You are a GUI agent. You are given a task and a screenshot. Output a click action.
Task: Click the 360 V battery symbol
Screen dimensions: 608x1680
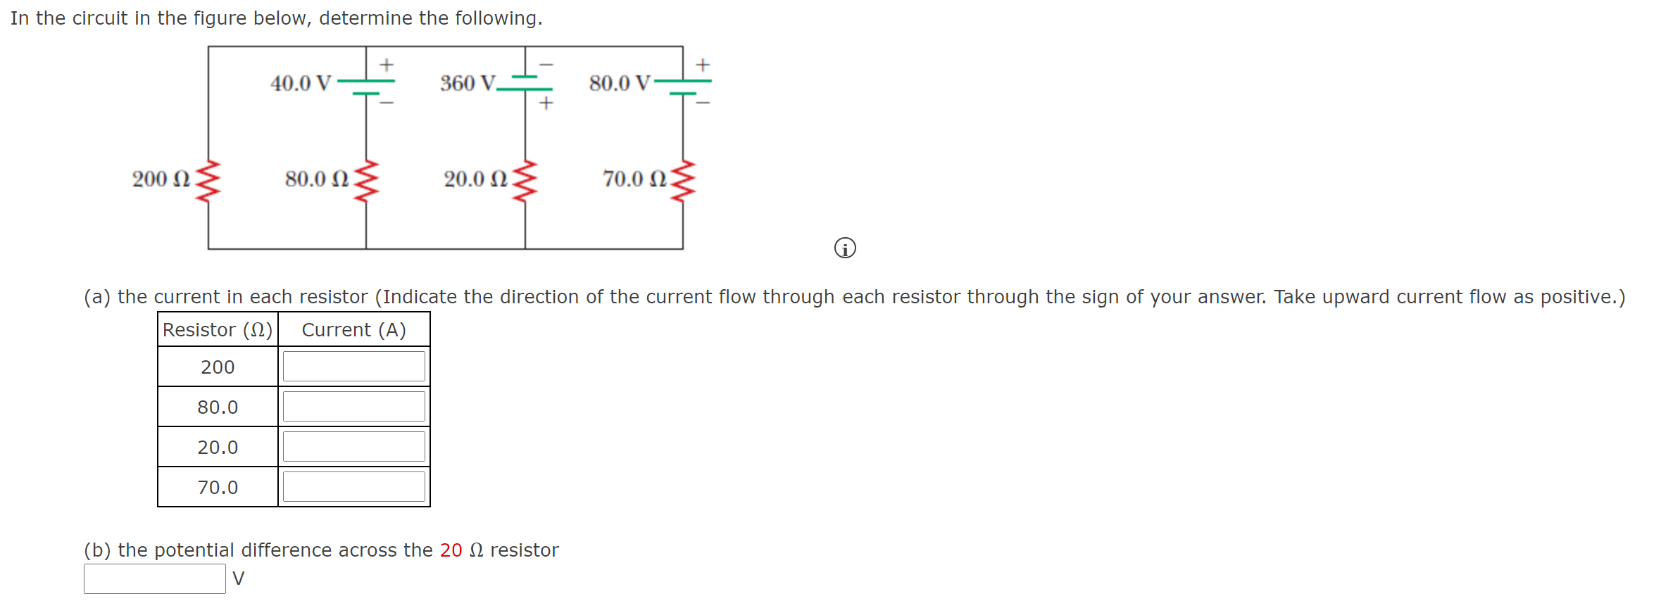coord(525,83)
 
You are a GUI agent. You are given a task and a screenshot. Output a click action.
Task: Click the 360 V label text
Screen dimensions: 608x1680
coord(468,84)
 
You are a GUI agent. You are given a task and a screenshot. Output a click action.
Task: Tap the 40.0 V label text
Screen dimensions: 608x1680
coord(301,84)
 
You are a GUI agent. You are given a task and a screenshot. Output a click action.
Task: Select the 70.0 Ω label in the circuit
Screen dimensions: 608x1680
coord(634,179)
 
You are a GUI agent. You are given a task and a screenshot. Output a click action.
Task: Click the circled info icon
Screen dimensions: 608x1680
coord(845,248)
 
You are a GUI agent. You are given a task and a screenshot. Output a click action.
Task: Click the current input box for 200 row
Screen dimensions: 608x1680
coord(353,367)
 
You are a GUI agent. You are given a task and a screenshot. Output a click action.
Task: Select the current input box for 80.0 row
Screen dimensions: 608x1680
coord(353,407)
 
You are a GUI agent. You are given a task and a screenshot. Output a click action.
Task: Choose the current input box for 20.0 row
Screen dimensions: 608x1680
coord(353,447)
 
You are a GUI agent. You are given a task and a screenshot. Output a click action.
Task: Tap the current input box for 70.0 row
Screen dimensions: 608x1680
coord(353,487)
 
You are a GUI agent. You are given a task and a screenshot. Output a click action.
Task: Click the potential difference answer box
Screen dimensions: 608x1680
coord(155,578)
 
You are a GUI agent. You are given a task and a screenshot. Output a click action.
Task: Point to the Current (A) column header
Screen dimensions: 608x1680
coord(353,330)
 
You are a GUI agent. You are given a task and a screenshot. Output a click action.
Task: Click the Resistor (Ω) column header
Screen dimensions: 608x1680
coord(218,330)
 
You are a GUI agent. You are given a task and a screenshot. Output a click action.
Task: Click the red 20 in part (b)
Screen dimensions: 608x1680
coord(451,550)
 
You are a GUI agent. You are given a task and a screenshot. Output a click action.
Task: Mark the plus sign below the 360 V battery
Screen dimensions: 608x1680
coord(546,103)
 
